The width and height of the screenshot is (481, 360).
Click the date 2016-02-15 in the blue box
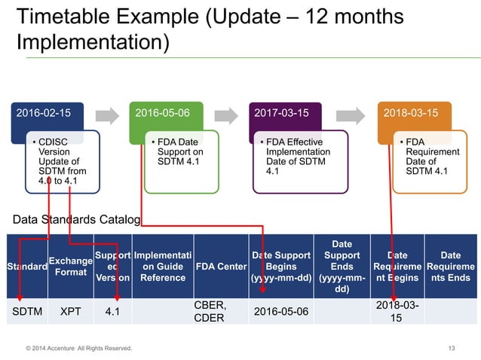40,112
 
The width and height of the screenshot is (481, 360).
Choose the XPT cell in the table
70,310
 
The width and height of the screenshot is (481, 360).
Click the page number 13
452,348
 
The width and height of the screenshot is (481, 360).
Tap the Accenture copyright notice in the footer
78,348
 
